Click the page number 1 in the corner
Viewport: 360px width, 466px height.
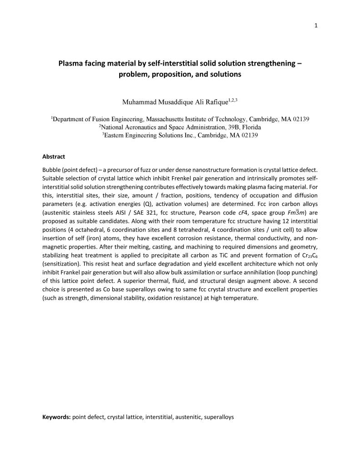tap(316, 25)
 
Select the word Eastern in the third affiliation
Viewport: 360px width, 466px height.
tap(116, 135)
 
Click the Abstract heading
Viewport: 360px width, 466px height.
tap(54, 156)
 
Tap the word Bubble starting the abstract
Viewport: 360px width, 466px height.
tap(52, 169)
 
